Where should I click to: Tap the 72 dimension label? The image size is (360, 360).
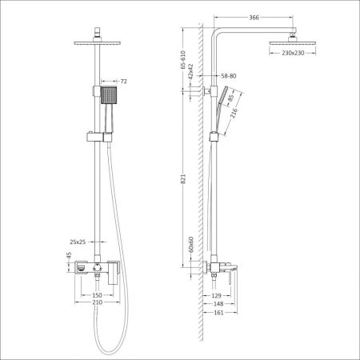(x=124, y=82)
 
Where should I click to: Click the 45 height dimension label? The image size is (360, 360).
(x=70, y=257)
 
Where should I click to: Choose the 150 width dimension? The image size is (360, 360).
(x=98, y=294)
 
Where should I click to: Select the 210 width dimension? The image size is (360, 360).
(x=98, y=304)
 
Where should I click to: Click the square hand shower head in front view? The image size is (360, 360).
(x=108, y=97)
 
